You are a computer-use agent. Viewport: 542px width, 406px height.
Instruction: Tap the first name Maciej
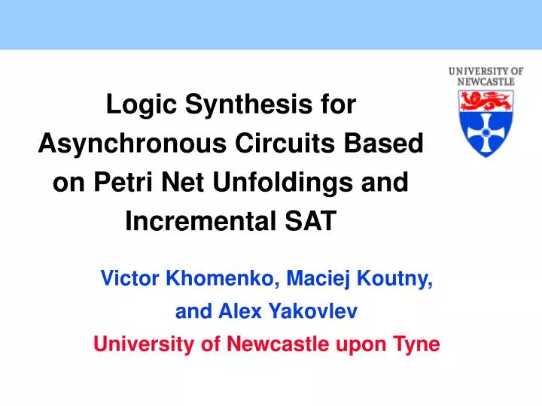318,280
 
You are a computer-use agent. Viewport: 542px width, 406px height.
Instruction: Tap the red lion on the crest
486,100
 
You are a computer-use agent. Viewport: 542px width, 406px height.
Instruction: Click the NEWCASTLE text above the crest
486,81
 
